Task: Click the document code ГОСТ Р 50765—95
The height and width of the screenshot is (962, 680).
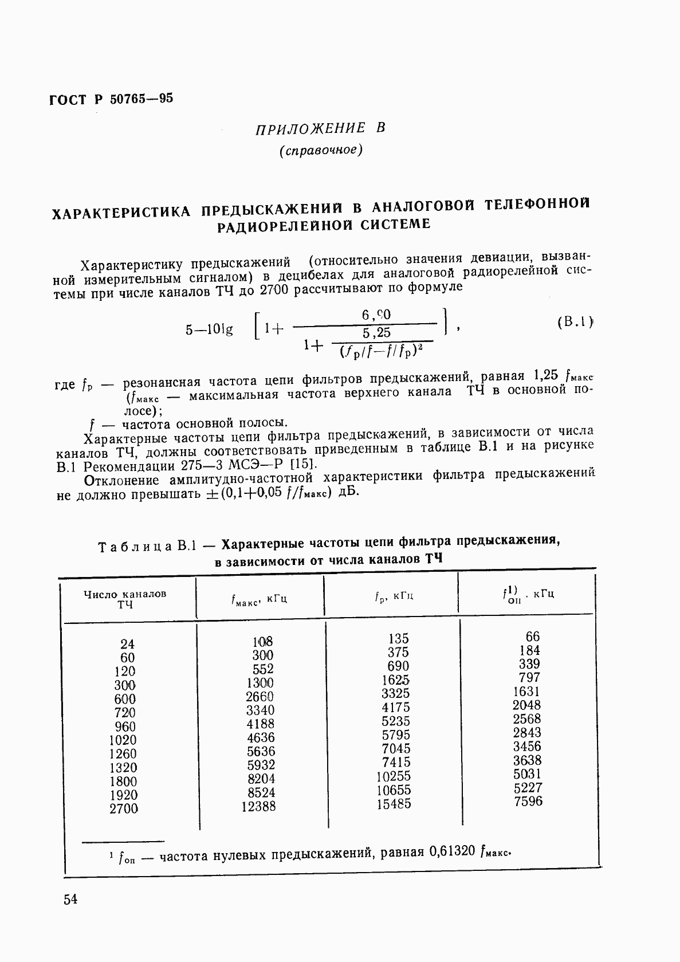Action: (111, 99)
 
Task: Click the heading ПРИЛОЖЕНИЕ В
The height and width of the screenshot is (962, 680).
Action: (320, 129)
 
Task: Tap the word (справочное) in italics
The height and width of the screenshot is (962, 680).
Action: (321, 151)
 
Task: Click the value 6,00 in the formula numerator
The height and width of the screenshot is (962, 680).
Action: (376, 315)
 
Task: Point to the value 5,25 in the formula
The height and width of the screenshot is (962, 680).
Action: (376, 333)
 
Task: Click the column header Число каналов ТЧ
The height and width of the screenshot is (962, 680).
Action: (125, 599)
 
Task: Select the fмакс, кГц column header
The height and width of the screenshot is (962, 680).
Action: (259, 599)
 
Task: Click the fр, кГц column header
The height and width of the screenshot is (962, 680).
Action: (394, 596)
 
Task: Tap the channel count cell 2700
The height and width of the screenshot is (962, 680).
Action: (124, 808)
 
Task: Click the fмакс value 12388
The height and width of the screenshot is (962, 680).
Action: (260, 806)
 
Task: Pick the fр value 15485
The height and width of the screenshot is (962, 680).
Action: (394, 804)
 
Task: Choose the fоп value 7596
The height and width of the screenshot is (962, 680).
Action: (528, 802)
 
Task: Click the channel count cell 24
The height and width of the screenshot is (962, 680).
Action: (127, 644)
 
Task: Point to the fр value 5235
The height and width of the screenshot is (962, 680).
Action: (396, 721)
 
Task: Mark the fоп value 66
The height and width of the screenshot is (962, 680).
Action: (533, 637)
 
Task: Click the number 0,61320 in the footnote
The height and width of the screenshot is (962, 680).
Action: (451, 851)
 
